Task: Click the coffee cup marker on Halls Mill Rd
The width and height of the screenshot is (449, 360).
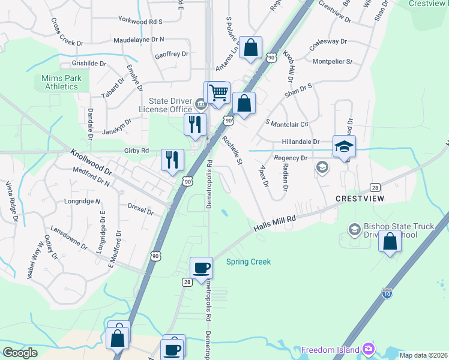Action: point(201,268)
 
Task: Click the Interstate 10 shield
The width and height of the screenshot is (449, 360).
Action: point(388,293)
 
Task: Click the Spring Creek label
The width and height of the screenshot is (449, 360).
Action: point(248,262)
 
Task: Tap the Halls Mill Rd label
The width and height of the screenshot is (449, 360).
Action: point(276,223)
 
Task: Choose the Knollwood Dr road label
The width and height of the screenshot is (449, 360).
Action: point(91,162)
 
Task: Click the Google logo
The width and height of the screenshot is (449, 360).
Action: point(20,352)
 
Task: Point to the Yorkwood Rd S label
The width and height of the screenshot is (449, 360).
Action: point(141,21)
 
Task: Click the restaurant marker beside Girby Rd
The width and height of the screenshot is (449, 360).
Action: point(172,160)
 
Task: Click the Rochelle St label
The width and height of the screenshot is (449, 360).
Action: point(231,151)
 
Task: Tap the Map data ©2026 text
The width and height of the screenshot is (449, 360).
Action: point(423,355)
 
